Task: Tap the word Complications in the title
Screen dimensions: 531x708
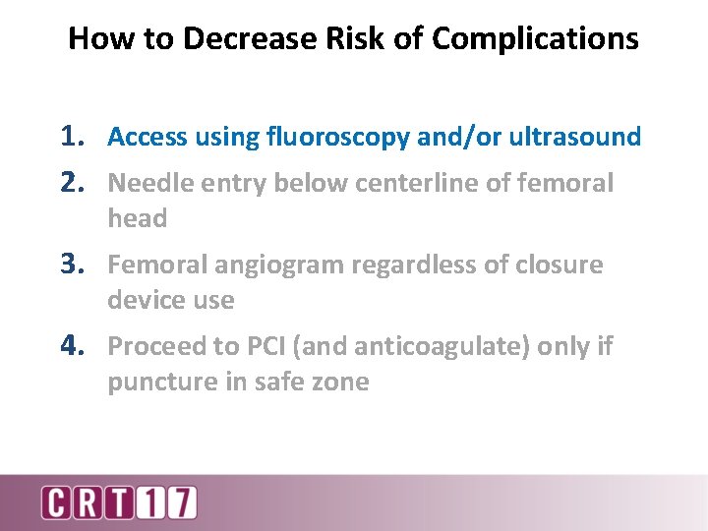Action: tap(535, 39)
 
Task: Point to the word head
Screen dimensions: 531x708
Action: tap(137, 218)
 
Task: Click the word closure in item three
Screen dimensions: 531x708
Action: tap(554, 265)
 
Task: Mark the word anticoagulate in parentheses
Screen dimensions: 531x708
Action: tap(437, 347)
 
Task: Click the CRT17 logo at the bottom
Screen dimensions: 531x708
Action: tap(118, 501)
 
